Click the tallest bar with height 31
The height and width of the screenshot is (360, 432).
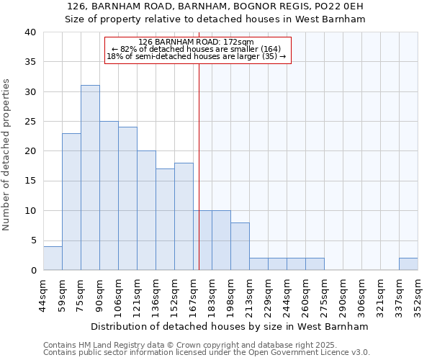(90, 178)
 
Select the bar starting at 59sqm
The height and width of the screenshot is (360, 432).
(71, 202)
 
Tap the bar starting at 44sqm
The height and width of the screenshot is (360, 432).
(53, 258)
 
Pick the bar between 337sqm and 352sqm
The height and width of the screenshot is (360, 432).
(408, 264)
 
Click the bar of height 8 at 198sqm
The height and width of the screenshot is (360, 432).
(240, 246)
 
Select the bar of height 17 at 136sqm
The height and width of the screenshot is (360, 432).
(165, 220)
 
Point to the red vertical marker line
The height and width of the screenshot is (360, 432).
(199, 158)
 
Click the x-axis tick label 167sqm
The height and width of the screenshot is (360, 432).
(193, 294)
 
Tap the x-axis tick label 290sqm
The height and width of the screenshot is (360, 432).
(343, 294)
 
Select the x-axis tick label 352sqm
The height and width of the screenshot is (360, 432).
(418, 294)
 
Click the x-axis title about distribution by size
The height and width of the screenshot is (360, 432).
(230, 326)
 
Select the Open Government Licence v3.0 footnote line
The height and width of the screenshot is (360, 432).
(206, 352)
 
